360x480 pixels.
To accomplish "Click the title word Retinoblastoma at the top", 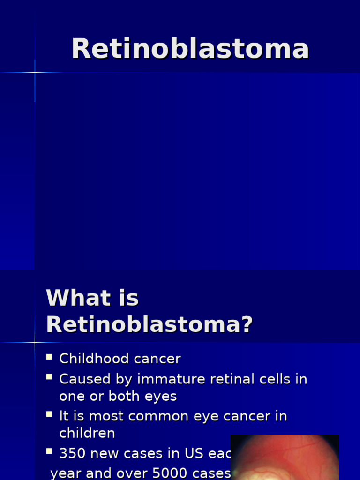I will point(190,49).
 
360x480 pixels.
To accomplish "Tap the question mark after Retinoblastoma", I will point(247,324).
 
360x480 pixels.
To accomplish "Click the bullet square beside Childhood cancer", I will point(49,358).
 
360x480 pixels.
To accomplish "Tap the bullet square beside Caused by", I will point(49,377).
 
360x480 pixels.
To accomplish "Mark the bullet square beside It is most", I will point(49,414).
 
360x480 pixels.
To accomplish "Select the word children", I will point(87,433).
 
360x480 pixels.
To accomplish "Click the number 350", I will point(73,454).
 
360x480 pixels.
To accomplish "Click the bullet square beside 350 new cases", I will point(49,451).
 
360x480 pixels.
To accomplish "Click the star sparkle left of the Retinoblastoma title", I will point(35,73).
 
